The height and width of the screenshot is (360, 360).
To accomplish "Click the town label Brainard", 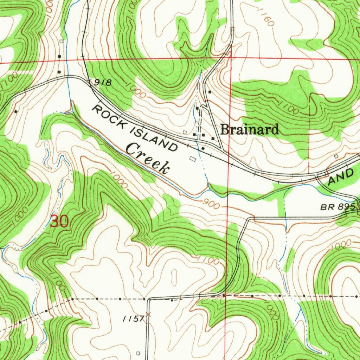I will (250, 130).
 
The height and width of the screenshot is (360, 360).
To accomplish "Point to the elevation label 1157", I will (133, 319).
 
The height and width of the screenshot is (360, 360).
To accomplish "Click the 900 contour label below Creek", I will (211, 204).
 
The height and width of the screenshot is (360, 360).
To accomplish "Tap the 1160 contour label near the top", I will (265, 18).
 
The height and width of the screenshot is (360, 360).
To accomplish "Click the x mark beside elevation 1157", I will (148, 315).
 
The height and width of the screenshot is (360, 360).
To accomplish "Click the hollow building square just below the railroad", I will (192, 159).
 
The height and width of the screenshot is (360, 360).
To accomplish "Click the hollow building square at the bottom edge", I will (138, 353).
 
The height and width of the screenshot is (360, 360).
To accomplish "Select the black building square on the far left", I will (16, 111).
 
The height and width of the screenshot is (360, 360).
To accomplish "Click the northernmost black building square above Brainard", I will (210, 92).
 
